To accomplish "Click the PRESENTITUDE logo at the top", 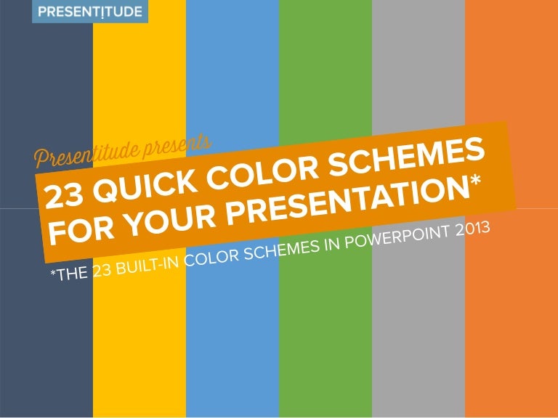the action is [90, 12].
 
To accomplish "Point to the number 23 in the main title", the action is [65, 197].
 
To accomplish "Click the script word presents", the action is [177, 145].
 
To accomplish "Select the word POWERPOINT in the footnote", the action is [397, 237].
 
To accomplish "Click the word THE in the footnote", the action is [72, 274].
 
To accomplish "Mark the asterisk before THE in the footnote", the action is [53, 273].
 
